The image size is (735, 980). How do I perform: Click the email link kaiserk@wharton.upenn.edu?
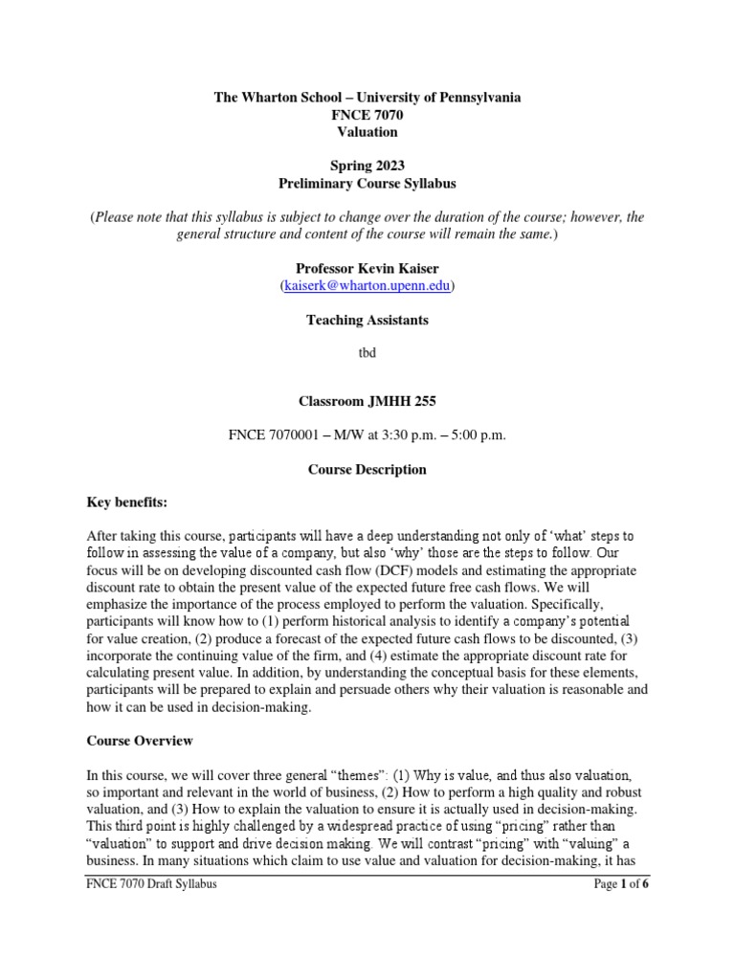(367, 285)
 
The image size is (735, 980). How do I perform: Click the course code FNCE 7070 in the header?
(367, 116)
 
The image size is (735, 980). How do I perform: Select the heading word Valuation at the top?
(367, 132)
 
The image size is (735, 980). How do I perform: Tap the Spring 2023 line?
(367, 167)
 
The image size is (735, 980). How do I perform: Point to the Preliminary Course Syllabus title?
(367, 184)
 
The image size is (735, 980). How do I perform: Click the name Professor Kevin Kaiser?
(367, 269)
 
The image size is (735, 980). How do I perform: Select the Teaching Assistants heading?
(367, 320)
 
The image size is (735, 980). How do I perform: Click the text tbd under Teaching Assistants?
(367, 352)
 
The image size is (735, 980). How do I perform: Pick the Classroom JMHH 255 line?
(367, 402)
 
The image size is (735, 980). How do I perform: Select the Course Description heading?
(367, 470)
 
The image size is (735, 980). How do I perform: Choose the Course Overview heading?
(140, 741)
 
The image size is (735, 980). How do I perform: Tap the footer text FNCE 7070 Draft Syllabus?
(151, 884)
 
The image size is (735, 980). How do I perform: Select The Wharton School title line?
(367, 99)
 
